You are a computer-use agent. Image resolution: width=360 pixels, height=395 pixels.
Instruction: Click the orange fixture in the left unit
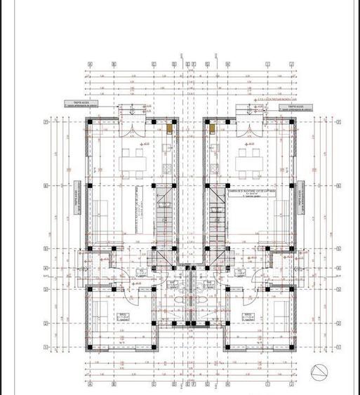click(169, 128)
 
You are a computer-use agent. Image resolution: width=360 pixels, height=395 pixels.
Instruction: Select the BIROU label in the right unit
click(248, 316)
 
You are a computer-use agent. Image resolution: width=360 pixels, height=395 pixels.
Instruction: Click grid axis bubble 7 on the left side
click(46, 122)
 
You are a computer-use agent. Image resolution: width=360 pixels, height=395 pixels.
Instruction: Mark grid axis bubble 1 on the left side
click(46, 347)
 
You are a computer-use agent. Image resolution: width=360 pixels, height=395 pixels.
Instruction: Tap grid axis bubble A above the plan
click(90, 63)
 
